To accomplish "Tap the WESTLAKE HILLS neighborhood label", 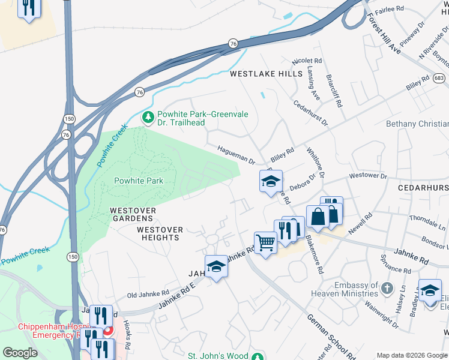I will point(267,74).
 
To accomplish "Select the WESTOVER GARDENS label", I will point(133,215).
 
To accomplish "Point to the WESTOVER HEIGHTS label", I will point(158,233).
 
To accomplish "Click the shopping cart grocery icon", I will point(265,243).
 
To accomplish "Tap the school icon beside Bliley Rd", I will point(271,181).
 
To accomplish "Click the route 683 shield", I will point(439,78).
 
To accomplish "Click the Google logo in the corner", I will point(20,352).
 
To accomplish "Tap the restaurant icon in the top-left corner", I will point(28,8).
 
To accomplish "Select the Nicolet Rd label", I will point(307,61).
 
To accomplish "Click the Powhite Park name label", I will point(139,181).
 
